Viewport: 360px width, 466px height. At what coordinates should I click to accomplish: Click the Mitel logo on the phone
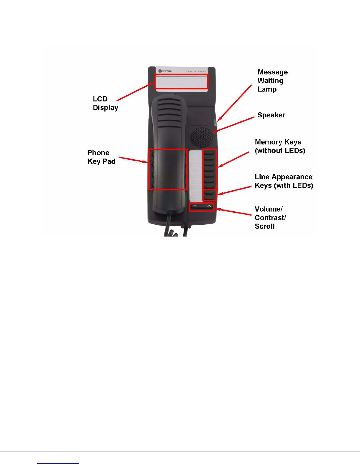165,71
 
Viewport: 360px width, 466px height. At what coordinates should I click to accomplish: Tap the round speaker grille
202,137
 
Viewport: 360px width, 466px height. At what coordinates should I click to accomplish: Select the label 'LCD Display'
105,103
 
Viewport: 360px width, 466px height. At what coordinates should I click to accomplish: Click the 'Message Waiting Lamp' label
272,81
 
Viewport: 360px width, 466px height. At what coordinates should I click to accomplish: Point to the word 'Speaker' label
271,115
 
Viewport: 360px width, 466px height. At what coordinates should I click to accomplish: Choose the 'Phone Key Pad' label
101,157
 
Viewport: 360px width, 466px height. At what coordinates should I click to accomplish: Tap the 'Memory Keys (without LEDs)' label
280,146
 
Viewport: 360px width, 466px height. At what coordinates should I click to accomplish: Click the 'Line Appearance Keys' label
284,181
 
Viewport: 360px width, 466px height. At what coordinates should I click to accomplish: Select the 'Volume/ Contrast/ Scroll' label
270,218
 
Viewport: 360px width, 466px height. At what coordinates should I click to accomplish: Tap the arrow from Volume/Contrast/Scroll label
234,212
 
